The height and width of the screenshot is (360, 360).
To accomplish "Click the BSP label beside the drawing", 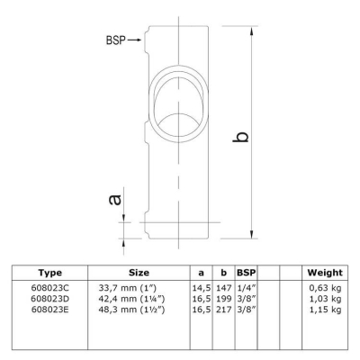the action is click(116, 40).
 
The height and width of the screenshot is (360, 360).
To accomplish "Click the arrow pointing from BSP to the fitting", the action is click(134, 40).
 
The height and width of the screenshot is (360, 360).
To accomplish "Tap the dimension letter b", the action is click(241, 137).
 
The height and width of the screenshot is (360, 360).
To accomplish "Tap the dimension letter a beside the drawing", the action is click(115, 200).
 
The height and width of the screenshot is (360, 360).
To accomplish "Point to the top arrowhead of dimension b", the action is click(252, 31).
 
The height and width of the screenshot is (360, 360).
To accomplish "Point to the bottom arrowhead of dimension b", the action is click(252, 234).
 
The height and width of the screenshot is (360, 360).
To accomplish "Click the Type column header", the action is click(50, 273).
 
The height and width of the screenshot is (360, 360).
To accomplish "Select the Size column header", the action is click(139, 273).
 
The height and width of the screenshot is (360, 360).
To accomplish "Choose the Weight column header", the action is click(325, 273).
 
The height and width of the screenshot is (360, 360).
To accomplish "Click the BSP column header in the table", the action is click(247, 273).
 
